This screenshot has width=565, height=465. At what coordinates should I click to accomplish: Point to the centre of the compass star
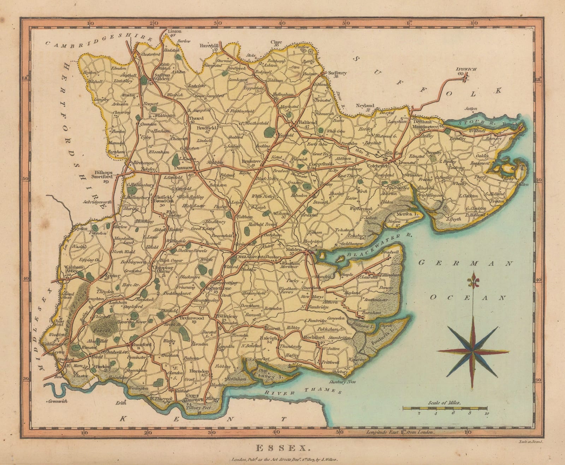point(472,351)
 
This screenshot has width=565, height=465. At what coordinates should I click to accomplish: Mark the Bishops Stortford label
point(102,174)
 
